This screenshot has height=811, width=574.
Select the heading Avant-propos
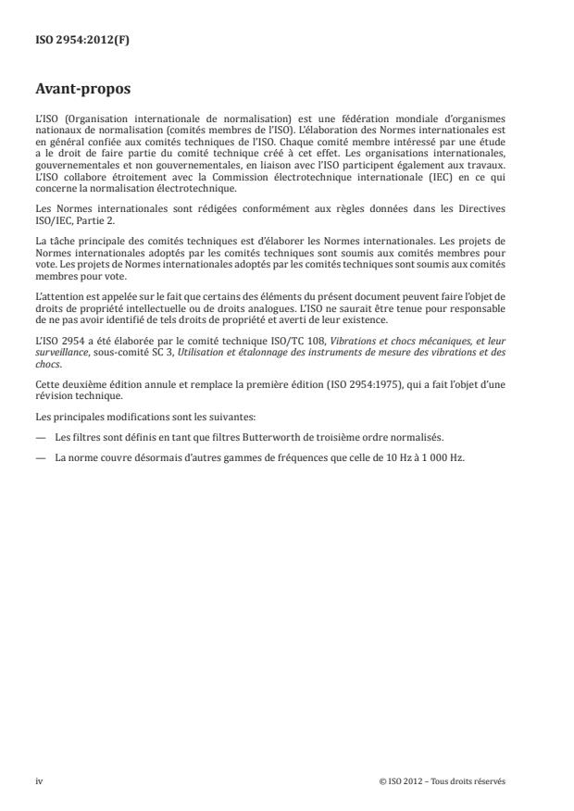coord(81,90)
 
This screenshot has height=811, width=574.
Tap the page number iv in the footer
coord(39,781)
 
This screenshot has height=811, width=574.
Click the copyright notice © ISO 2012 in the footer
coord(443,781)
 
